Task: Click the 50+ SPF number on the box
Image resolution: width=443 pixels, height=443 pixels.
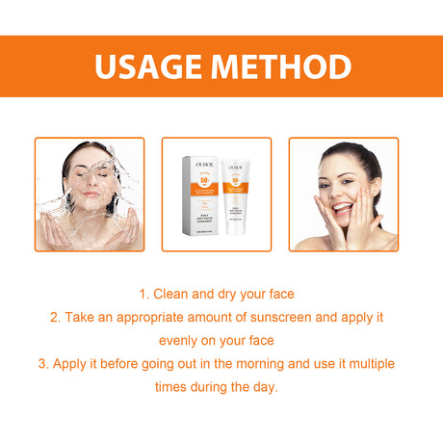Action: point(203,180)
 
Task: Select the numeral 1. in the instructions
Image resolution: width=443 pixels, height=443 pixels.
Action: point(143,294)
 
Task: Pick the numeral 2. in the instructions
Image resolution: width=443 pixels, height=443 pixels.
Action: point(55,317)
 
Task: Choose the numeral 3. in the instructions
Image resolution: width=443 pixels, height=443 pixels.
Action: point(43,363)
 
